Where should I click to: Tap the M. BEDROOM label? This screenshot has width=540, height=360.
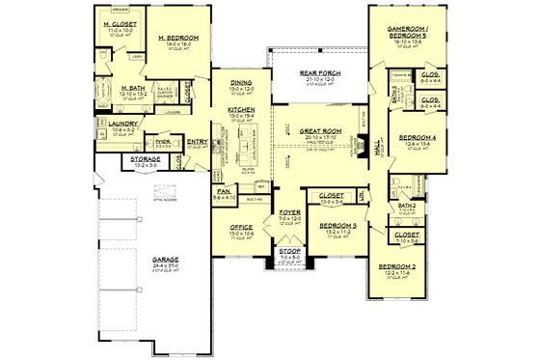pos(178,39)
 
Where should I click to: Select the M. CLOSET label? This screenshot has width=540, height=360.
pos(121,24)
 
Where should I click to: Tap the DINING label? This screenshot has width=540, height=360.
pos(241,84)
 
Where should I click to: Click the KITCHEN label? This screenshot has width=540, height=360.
pos(241,111)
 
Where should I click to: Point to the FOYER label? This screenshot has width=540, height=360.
pos(288,210)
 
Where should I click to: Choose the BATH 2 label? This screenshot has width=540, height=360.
pos(408,206)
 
